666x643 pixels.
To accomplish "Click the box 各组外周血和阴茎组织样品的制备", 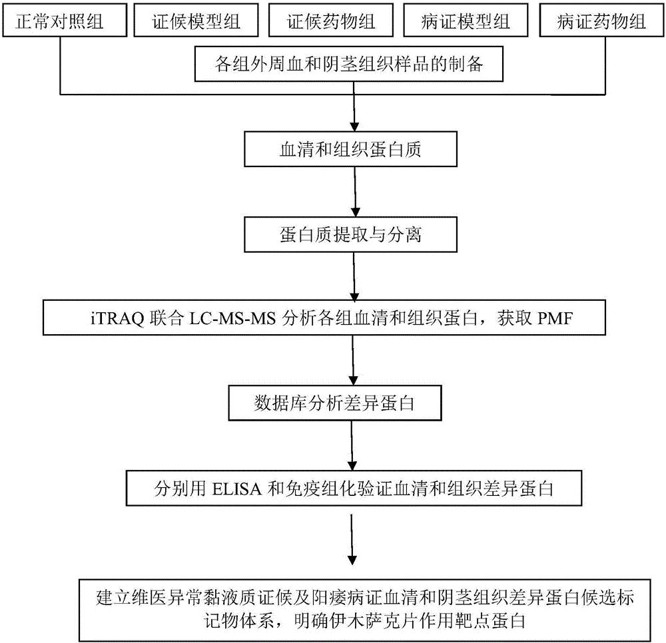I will (353, 65).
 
